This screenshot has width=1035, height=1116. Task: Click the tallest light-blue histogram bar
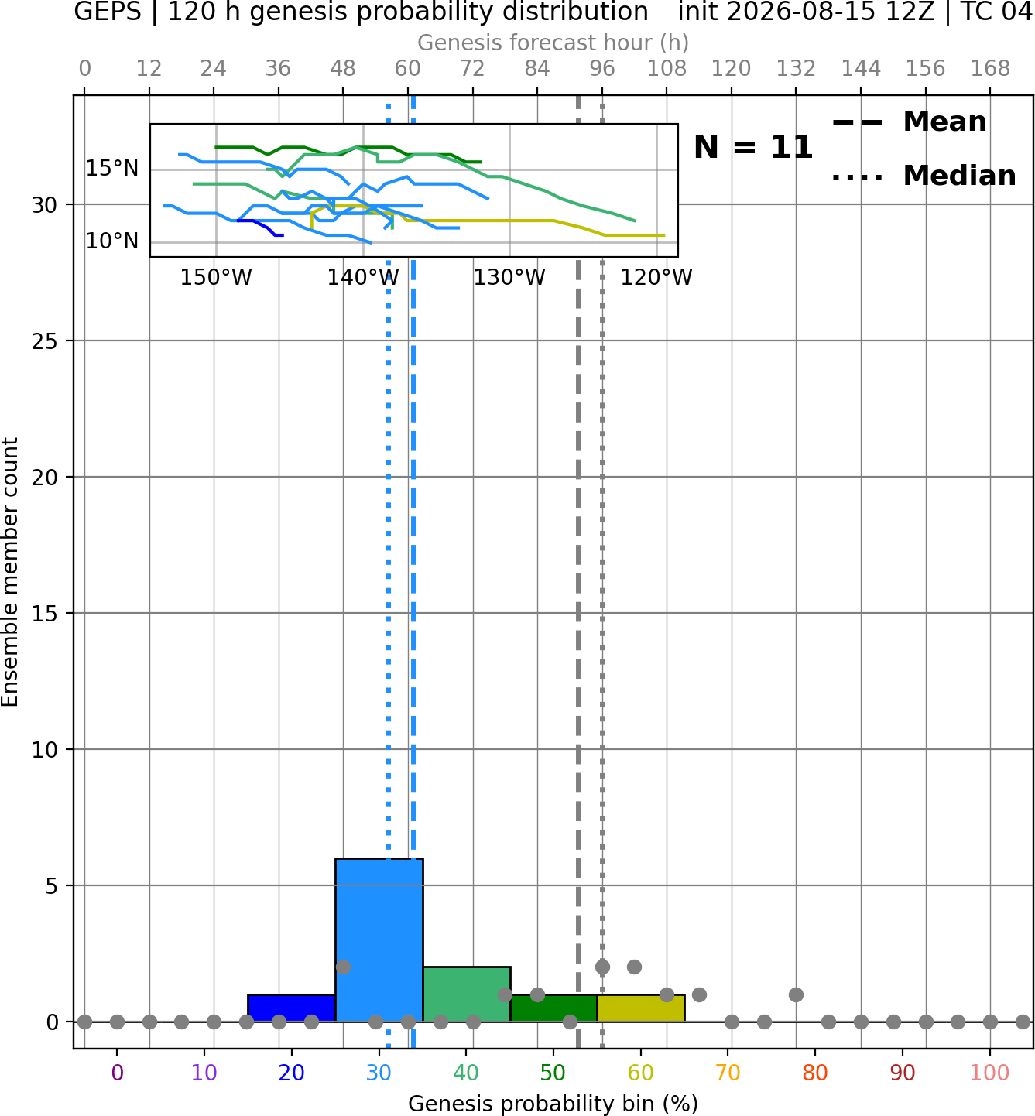[x=379, y=940]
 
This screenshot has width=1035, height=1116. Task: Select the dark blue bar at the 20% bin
[x=292, y=1008]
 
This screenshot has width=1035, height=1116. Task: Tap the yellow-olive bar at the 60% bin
[x=641, y=1008]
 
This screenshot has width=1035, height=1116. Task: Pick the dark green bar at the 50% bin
[x=553, y=1008]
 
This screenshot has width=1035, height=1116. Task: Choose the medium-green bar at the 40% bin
[x=467, y=994]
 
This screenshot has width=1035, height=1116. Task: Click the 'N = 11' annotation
[x=752, y=147]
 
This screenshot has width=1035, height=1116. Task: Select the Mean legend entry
[x=909, y=122]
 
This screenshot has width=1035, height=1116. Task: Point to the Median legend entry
[x=924, y=176]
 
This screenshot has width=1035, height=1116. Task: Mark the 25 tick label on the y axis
[x=44, y=341]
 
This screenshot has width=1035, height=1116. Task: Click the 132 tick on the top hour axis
[x=796, y=69]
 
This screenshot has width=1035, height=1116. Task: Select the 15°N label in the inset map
[x=112, y=168]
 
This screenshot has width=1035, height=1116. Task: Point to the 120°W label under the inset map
[x=656, y=277]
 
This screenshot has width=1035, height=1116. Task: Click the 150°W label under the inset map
[x=216, y=277]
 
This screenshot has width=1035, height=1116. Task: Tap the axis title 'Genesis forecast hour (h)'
[x=553, y=43]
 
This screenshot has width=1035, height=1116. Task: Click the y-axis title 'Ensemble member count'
[x=10, y=572]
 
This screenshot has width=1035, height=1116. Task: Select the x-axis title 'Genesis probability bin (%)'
[x=553, y=1104]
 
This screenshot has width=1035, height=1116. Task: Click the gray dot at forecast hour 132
[x=796, y=994]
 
